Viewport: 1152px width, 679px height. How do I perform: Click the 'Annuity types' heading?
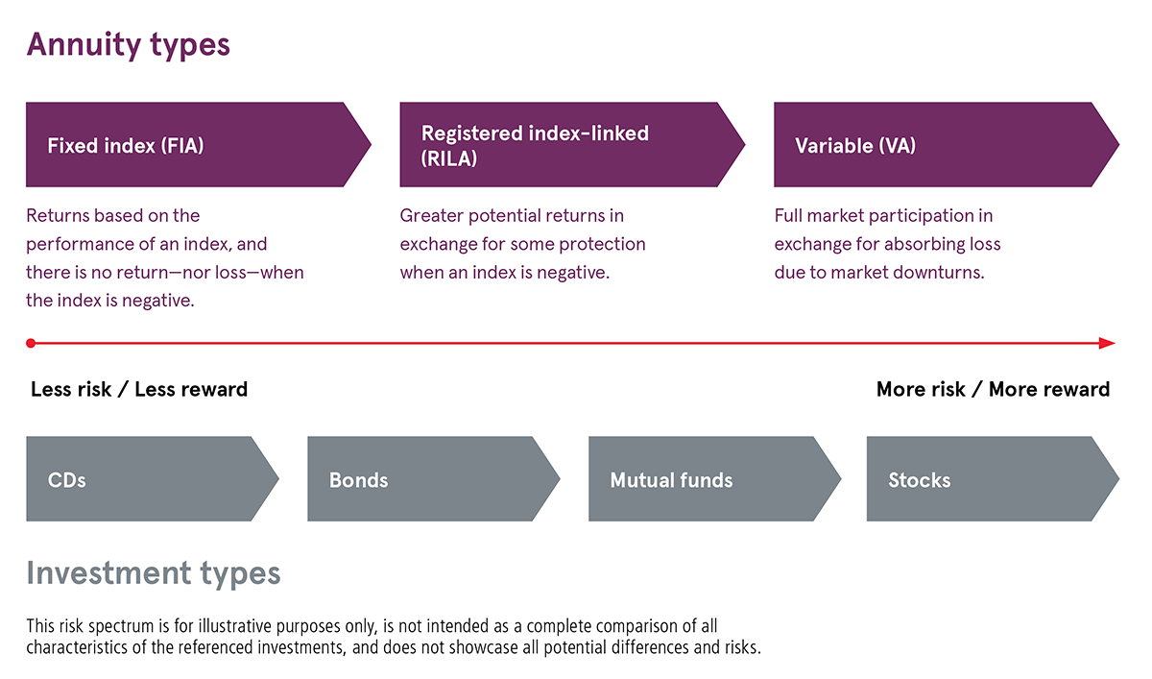point(128,45)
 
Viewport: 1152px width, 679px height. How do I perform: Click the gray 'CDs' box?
point(144,479)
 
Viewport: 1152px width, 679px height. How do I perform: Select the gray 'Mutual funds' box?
point(707,479)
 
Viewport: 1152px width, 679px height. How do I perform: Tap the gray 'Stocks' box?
point(984,479)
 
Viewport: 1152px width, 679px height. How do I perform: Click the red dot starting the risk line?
point(31,343)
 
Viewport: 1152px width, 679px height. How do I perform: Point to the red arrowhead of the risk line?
point(1107,343)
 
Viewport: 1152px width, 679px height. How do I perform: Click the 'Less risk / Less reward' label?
point(139,389)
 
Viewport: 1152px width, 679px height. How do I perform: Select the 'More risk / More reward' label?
point(993,389)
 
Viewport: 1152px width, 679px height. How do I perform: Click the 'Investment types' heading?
point(154,573)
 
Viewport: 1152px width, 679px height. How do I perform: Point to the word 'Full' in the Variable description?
point(791,215)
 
